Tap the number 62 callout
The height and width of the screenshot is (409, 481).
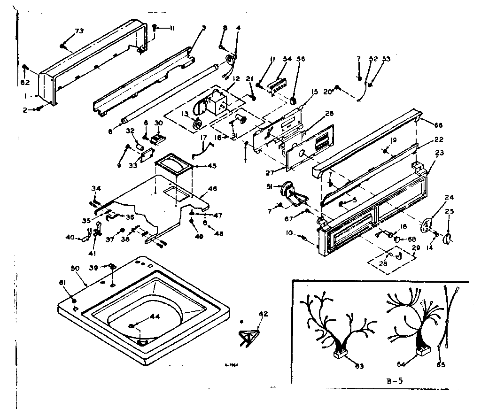point(25,82)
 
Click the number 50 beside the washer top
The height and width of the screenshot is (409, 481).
point(74,268)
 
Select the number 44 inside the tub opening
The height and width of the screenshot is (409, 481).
point(155,316)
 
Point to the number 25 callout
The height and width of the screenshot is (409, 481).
point(450,211)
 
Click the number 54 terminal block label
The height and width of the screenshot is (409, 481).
point(287,59)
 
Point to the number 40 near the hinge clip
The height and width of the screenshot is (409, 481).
point(70,237)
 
